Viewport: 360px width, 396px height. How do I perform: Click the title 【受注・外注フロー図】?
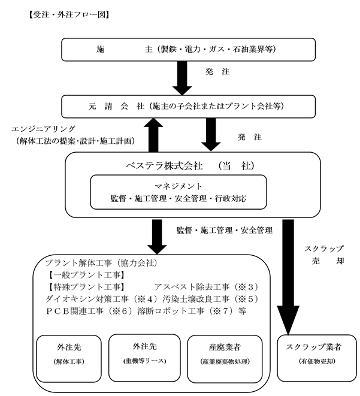tap(69, 14)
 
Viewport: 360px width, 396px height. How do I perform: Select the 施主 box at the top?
tap(188, 50)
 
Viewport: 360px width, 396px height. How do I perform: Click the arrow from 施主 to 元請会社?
tap(182, 78)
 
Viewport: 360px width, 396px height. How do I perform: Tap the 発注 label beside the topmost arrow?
tap(217, 72)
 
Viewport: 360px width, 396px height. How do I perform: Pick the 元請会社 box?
tap(188, 106)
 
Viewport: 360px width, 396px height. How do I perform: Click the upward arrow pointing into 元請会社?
tap(153, 135)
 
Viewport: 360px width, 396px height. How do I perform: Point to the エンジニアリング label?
tap(43, 129)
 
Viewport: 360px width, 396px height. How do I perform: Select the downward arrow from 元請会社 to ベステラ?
tap(211, 135)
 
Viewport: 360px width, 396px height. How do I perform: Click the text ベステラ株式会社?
tap(164, 166)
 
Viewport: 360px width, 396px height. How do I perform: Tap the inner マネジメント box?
tap(179, 192)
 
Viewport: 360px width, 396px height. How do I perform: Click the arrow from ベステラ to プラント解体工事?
tap(157, 237)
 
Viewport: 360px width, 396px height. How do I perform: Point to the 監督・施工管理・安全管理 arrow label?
tap(225, 230)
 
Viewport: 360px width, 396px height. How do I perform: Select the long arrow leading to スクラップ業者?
tap(288, 277)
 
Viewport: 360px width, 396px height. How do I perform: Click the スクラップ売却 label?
tap(324, 255)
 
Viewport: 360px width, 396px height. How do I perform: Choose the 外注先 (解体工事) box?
tap(69, 358)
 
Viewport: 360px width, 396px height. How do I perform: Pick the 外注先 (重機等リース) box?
tap(144, 358)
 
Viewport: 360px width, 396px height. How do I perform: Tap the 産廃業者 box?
tap(225, 359)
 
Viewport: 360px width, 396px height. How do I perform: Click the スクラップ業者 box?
tap(317, 358)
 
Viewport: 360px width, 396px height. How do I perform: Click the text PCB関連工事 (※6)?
tap(89, 311)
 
